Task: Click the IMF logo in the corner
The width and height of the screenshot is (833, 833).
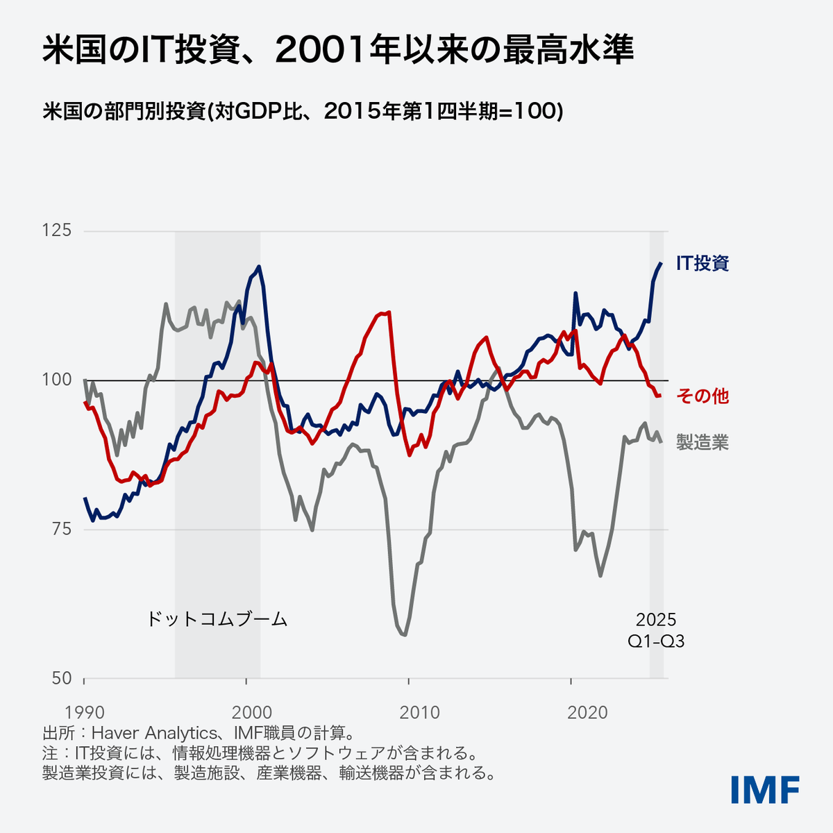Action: (x=765, y=790)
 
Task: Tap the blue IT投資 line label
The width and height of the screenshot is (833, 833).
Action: (x=702, y=263)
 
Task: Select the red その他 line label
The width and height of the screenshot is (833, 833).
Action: (x=702, y=396)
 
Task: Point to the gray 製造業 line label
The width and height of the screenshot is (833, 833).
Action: (x=702, y=442)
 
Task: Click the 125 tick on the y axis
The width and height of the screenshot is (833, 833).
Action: (x=58, y=230)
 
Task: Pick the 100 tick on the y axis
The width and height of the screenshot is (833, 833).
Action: (x=58, y=380)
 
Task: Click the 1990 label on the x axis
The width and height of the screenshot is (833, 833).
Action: (x=84, y=712)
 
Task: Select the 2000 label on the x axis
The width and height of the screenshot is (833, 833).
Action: (x=246, y=712)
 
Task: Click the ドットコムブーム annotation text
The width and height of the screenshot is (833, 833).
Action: (x=217, y=619)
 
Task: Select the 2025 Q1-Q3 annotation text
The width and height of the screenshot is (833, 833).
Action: (x=656, y=630)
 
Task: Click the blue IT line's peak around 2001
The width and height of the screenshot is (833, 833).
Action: (x=259, y=266)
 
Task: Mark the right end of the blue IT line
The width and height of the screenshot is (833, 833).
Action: (x=661, y=263)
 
